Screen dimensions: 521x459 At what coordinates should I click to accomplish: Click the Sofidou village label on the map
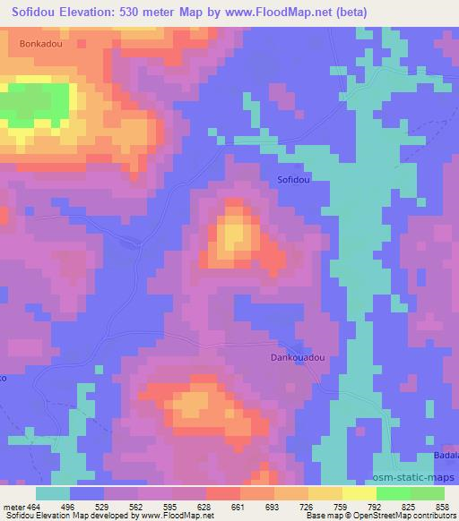tap(293, 180)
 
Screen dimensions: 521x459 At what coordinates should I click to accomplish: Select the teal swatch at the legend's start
tap(53, 493)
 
